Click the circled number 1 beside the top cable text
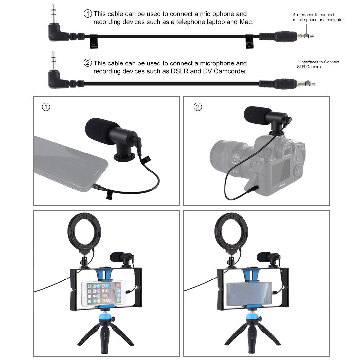[x=88, y=14]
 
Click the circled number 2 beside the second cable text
[x=88, y=63]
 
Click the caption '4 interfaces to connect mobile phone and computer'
[x=318, y=17]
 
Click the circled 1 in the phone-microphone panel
[x=46, y=107]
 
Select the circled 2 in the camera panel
[x=198, y=107]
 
